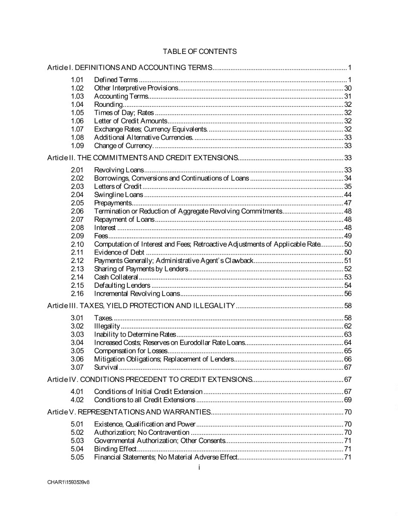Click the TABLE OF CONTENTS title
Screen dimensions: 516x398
point(200,51)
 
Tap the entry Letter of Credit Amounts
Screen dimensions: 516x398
point(130,121)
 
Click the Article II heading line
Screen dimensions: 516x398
point(142,158)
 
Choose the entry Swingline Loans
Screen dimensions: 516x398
point(118,195)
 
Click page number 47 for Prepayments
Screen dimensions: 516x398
point(347,203)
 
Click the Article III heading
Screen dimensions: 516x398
point(141,305)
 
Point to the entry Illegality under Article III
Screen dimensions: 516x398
point(107,326)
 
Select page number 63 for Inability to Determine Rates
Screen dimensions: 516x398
point(347,334)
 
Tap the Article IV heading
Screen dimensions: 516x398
point(149,379)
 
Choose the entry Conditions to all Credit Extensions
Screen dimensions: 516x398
point(144,400)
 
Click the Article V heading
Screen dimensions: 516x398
point(128,412)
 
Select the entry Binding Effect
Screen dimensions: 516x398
point(115,449)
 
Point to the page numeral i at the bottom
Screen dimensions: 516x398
point(199,468)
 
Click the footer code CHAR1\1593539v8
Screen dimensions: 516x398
point(69,482)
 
